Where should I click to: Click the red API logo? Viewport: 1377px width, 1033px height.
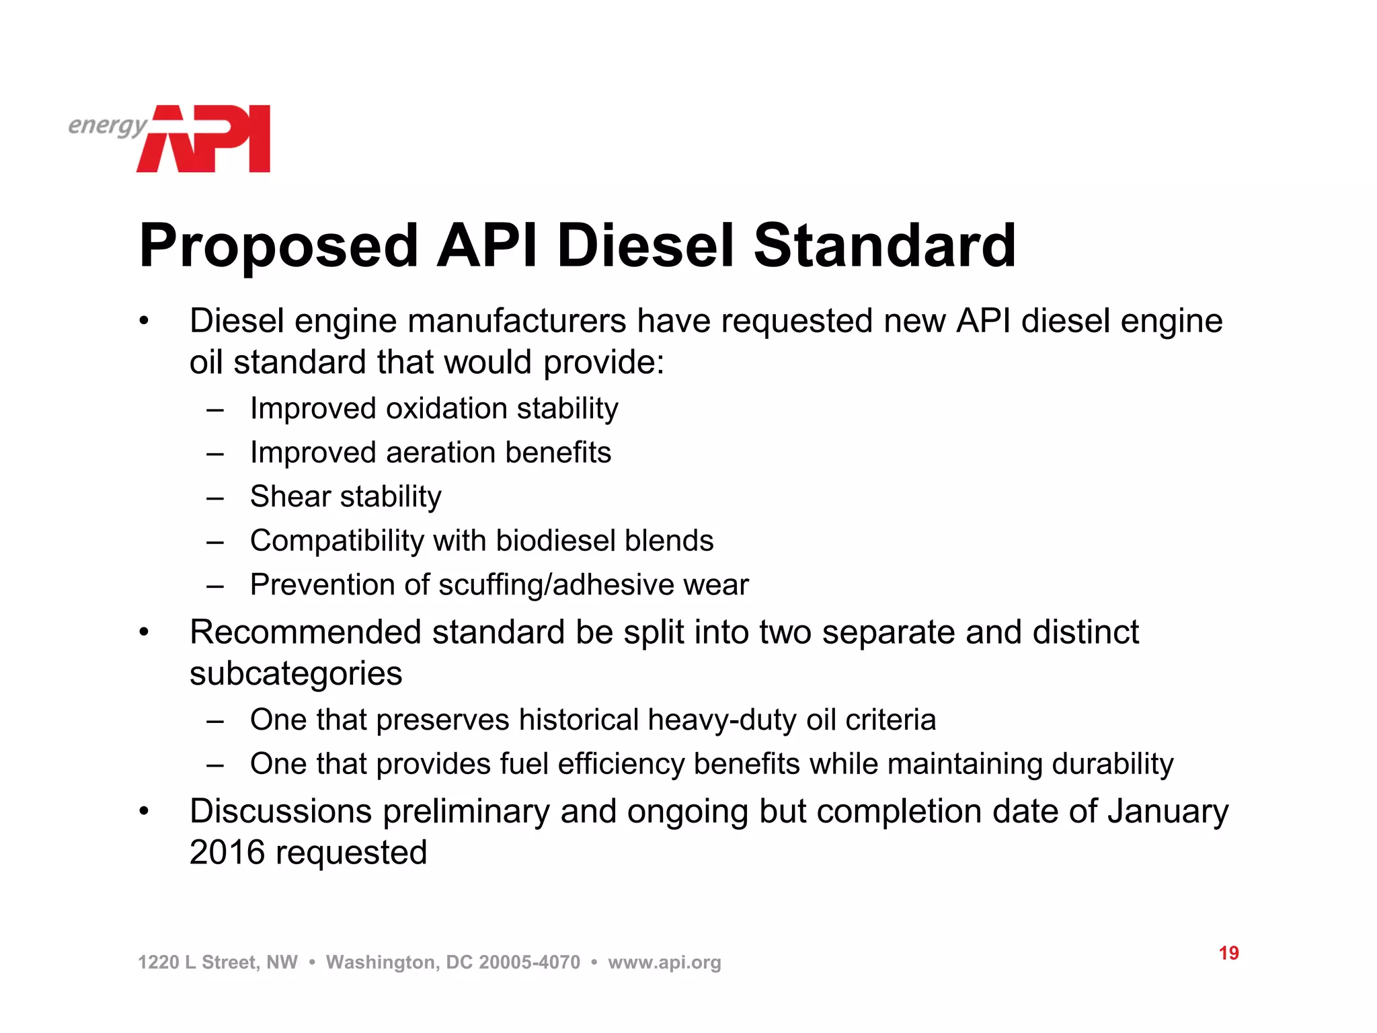click(x=205, y=139)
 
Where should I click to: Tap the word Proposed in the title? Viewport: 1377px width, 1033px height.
click(x=278, y=246)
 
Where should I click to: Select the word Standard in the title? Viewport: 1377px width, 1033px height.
click(x=884, y=246)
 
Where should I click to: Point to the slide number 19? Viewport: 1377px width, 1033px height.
click(x=1228, y=953)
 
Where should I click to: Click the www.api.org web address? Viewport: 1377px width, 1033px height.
click(x=664, y=962)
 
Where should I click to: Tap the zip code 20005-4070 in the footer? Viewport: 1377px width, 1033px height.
click(x=529, y=962)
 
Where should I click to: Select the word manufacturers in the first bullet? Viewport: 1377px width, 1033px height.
click(x=517, y=321)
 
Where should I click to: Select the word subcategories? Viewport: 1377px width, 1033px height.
click(x=296, y=674)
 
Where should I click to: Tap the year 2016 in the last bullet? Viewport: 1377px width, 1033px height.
click(x=227, y=853)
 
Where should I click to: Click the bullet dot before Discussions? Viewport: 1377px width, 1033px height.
click(x=143, y=812)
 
